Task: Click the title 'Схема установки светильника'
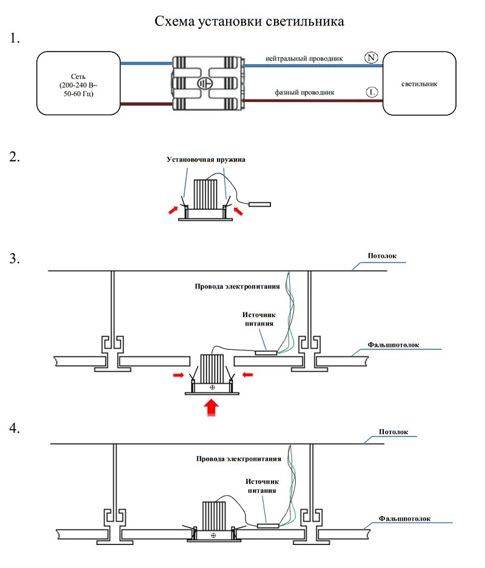click(249, 22)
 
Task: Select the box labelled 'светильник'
click(419, 84)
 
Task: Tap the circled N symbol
click(371, 58)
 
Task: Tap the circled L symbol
click(372, 92)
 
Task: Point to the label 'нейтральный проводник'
click(304, 59)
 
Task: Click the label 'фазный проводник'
click(304, 93)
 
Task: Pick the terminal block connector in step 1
click(207, 83)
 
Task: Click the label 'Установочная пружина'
click(206, 159)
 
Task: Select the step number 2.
click(15, 158)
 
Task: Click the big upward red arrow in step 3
click(212, 407)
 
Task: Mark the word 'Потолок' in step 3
click(382, 256)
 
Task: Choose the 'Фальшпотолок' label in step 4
click(404, 519)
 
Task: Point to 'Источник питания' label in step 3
click(259, 319)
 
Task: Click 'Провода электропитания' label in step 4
click(238, 459)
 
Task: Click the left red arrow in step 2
click(173, 209)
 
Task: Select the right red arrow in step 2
click(241, 210)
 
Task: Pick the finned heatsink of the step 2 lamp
click(206, 195)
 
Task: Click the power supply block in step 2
click(260, 204)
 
